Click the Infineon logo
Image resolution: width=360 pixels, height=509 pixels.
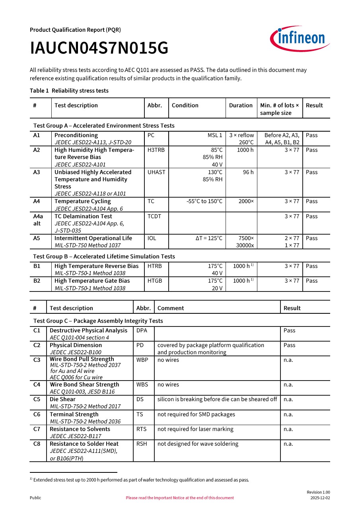[x=300, y=39]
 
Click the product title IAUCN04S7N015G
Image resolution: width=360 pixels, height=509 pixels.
[x=99, y=49]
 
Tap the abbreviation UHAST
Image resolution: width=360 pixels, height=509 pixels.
[x=156, y=172]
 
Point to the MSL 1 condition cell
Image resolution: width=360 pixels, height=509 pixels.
[x=215, y=135]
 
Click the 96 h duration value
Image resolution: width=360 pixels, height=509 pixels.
[x=248, y=172]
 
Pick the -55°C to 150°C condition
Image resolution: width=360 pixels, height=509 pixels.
[x=204, y=201]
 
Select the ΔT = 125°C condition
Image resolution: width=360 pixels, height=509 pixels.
[x=209, y=238]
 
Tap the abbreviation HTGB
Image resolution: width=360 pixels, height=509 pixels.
[x=155, y=281]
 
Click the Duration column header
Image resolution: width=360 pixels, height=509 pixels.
[x=241, y=105]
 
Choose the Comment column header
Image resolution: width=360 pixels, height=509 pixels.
[x=171, y=308]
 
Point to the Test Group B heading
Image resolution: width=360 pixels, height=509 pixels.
[x=104, y=256]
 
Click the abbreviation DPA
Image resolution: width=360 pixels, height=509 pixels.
[x=142, y=330]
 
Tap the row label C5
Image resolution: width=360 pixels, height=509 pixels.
[x=37, y=399]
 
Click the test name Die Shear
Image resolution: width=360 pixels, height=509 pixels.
[x=62, y=399]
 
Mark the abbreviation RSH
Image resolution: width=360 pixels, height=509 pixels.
[x=142, y=444]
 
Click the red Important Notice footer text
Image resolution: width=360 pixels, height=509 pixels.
[x=180, y=498]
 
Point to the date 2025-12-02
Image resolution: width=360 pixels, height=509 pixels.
[x=320, y=498]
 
